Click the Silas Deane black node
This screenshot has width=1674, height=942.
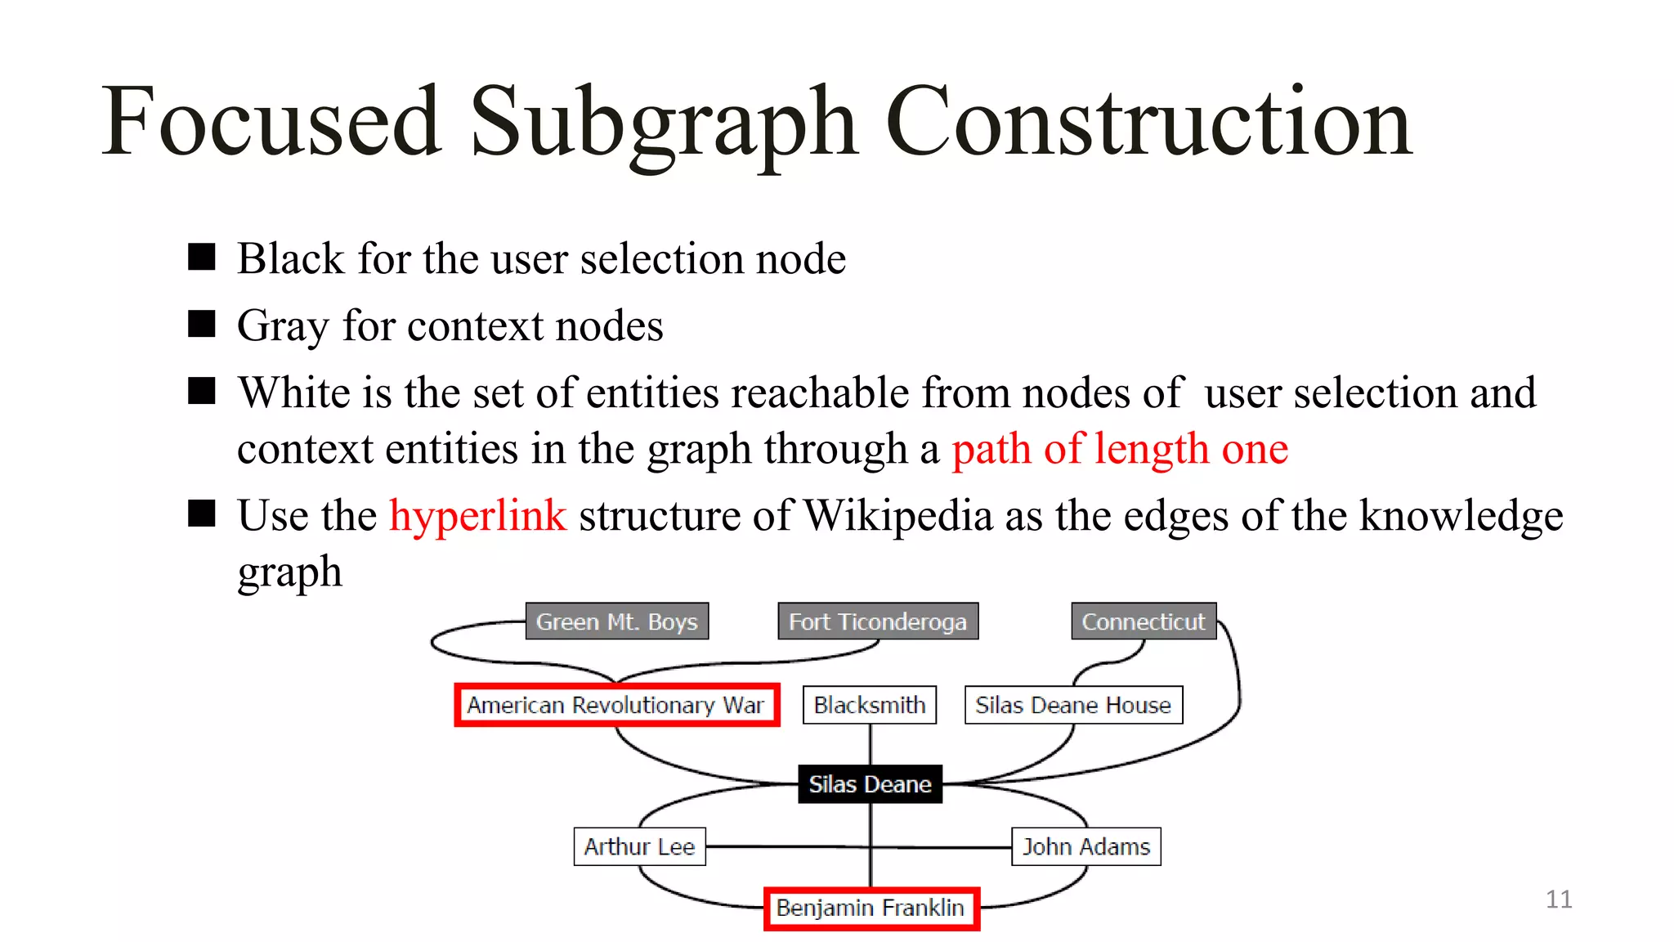pyautogui.click(x=870, y=784)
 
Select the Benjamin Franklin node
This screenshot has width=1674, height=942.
pyautogui.click(x=871, y=908)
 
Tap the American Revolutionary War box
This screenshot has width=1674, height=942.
pyautogui.click(x=616, y=705)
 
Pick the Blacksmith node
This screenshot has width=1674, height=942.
pyautogui.click(x=870, y=705)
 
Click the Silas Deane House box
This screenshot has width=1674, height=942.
pyautogui.click(x=1073, y=705)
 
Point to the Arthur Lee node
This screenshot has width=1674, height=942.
pyautogui.click(x=639, y=846)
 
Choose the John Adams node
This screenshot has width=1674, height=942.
pyautogui.click(x=1086, y=846)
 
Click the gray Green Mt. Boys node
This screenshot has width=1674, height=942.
pyautogui.click(x=616, y=621)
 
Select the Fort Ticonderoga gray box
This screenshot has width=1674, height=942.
pyautogui.click(x=878, y=621)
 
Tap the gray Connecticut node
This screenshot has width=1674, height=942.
pyautogui.click(x=1144, y=621)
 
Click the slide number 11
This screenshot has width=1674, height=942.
pyautogui.click(x=1559, y=899)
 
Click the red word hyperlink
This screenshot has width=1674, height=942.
pyautogui.click(x=477, y=516)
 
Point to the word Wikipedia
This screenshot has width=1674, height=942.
pyautogui.click(x=897, y=516)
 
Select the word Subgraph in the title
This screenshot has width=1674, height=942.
pyautogui.click(x=664, y=123)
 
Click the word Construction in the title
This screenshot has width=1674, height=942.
pyautogui.click(x=1148, y=123)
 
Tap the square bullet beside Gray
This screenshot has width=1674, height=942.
pyautogui.click(x=201, y=324)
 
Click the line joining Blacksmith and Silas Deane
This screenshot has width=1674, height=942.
pyautogui.click(x=871, y=744)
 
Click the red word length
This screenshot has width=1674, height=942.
pyautogui.click(x=1151, y=449)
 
